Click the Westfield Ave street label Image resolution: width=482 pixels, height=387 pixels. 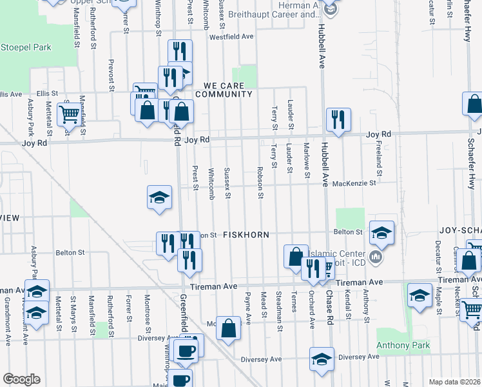231,37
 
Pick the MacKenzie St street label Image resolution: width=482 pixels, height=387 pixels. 355,183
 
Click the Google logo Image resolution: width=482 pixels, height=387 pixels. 21,379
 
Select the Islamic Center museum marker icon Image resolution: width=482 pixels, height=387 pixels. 377,259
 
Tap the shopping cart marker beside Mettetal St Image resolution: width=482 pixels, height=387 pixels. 69,115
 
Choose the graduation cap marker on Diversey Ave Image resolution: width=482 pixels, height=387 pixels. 322,359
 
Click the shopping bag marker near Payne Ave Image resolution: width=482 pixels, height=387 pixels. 228,328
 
